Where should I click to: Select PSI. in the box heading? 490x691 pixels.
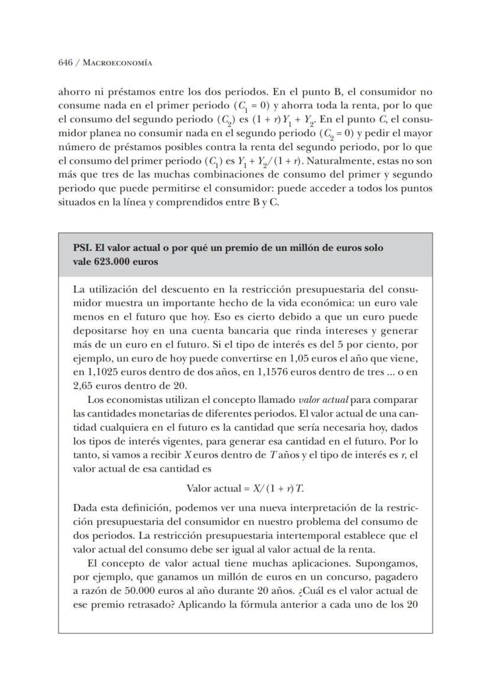(x=83, y=248)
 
